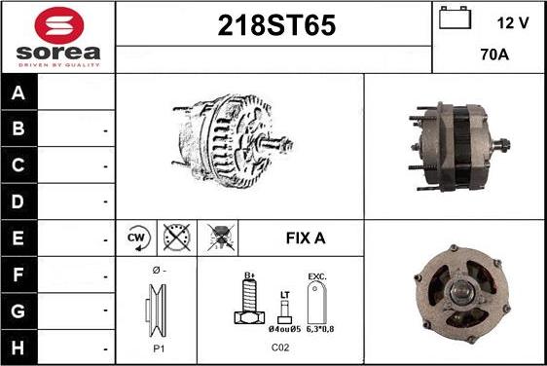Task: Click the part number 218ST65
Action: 273,27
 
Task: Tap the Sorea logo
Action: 57,36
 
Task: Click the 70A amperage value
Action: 495,56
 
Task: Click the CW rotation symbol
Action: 136,237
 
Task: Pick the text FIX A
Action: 305,238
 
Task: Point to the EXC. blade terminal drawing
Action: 316,303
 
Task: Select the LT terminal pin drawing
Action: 284,311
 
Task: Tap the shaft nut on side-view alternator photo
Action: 509,147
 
